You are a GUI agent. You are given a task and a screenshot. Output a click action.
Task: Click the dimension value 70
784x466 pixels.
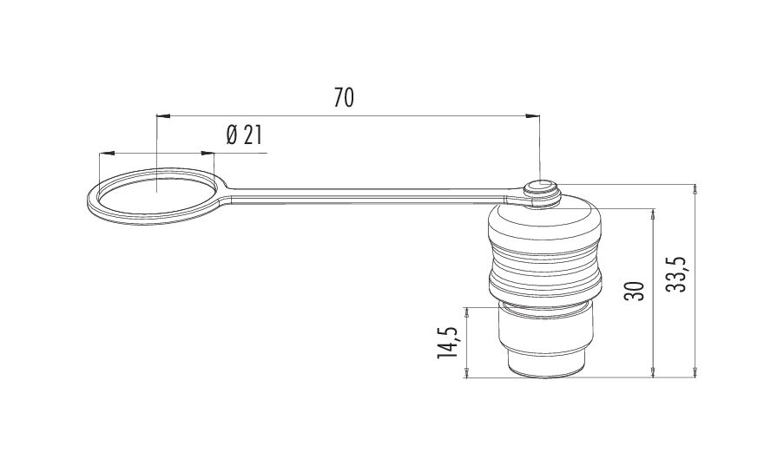pyautogui.click(x=344, y=98)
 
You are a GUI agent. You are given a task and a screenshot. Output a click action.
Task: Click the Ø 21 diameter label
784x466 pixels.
pyautogui.click(x=244, y=135)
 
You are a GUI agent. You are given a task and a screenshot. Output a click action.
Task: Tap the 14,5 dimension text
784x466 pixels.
pyautogui.click(x=447, y=343)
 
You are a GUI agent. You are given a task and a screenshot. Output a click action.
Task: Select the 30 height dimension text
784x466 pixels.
pyautogui.click(x=634, y=291)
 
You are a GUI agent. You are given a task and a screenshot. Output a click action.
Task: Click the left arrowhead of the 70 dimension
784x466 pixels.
pyautogui.click(x=163, y=116)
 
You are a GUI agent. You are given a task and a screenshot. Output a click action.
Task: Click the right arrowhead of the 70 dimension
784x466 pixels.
pyautogui.click(x=533, y=116)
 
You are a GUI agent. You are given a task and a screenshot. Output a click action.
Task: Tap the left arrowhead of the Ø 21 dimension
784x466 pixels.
pyautogui.click(x=106, y=153)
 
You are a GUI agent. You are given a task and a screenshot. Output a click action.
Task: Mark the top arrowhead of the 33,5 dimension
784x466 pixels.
pyautogui.click(x=695, y=190)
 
